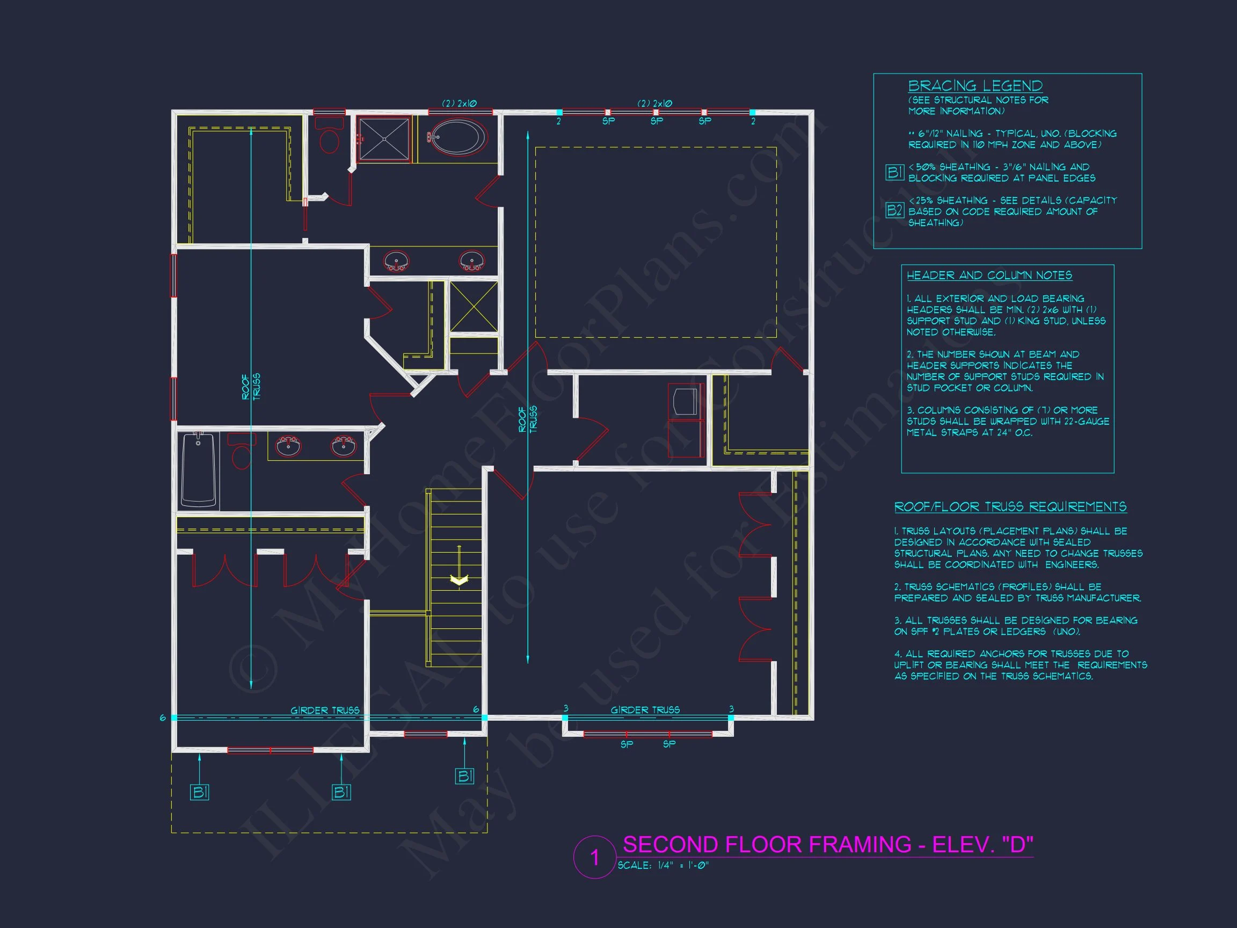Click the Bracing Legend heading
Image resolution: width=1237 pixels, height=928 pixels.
coord(976,86)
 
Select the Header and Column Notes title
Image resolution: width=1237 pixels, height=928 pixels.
coord(989,275)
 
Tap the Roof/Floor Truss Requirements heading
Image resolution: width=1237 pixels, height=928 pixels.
coord(1010,507)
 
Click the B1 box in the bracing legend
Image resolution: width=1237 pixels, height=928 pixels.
coord(895,172)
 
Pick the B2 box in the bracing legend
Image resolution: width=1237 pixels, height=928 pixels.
coord(895,210)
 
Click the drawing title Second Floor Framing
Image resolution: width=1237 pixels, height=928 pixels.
coord(828,845)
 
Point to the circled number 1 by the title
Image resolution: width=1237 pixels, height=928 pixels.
coord(594,858)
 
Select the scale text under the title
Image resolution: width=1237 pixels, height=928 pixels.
coord(663,865)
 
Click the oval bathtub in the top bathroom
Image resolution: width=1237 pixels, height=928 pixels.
coord(457,137)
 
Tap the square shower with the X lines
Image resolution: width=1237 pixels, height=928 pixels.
coord(384,138)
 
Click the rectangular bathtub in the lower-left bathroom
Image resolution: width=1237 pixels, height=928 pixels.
coord(199,469)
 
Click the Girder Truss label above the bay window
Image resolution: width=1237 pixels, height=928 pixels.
coord(645,710)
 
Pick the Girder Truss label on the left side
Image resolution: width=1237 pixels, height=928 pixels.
coord(325,711)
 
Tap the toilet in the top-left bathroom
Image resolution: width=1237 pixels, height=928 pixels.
coord(329,135)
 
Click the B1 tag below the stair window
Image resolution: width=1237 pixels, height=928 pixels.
coord(465,777)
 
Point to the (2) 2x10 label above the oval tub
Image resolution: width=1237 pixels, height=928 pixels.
coord(459,104)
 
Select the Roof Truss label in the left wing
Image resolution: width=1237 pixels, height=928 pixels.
coord(251,386)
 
